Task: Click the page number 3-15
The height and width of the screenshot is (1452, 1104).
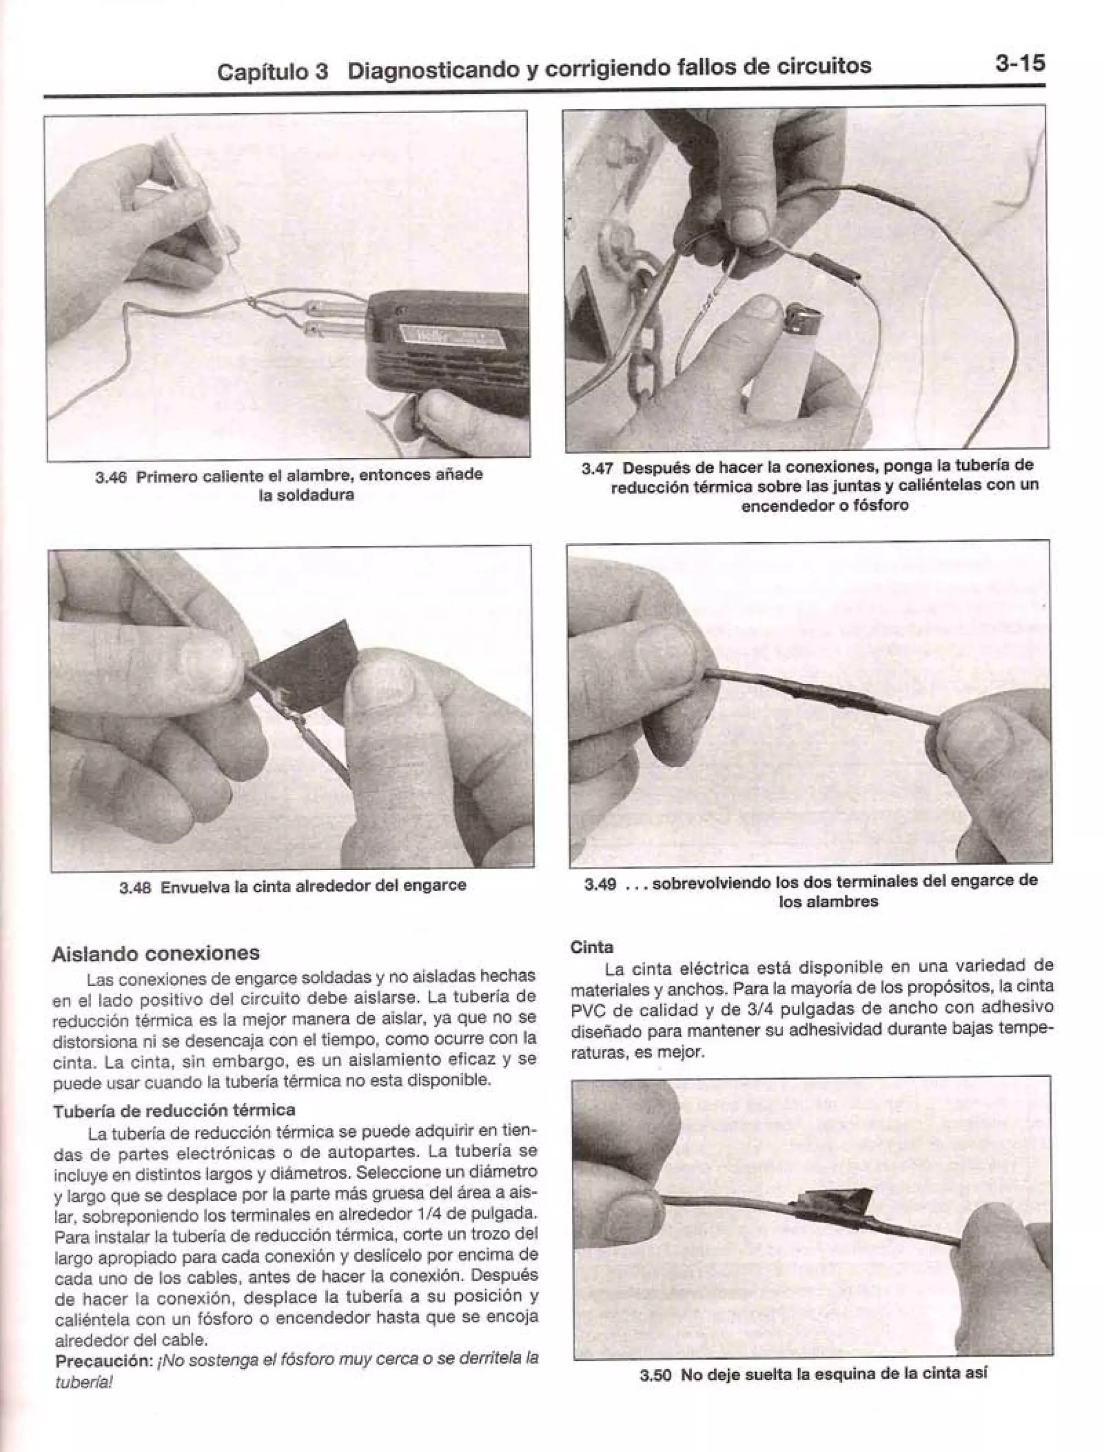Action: [x=1019, y=63]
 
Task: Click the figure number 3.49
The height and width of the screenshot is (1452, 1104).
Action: [x=600, y=883]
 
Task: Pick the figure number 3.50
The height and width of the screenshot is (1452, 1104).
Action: [x=655, y=1373]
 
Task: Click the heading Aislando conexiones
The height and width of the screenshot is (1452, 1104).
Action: [x=156, y=953]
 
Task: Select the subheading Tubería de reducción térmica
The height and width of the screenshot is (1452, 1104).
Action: [x=174, y=1110]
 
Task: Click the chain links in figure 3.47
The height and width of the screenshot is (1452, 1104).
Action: [x=636, y=348]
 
